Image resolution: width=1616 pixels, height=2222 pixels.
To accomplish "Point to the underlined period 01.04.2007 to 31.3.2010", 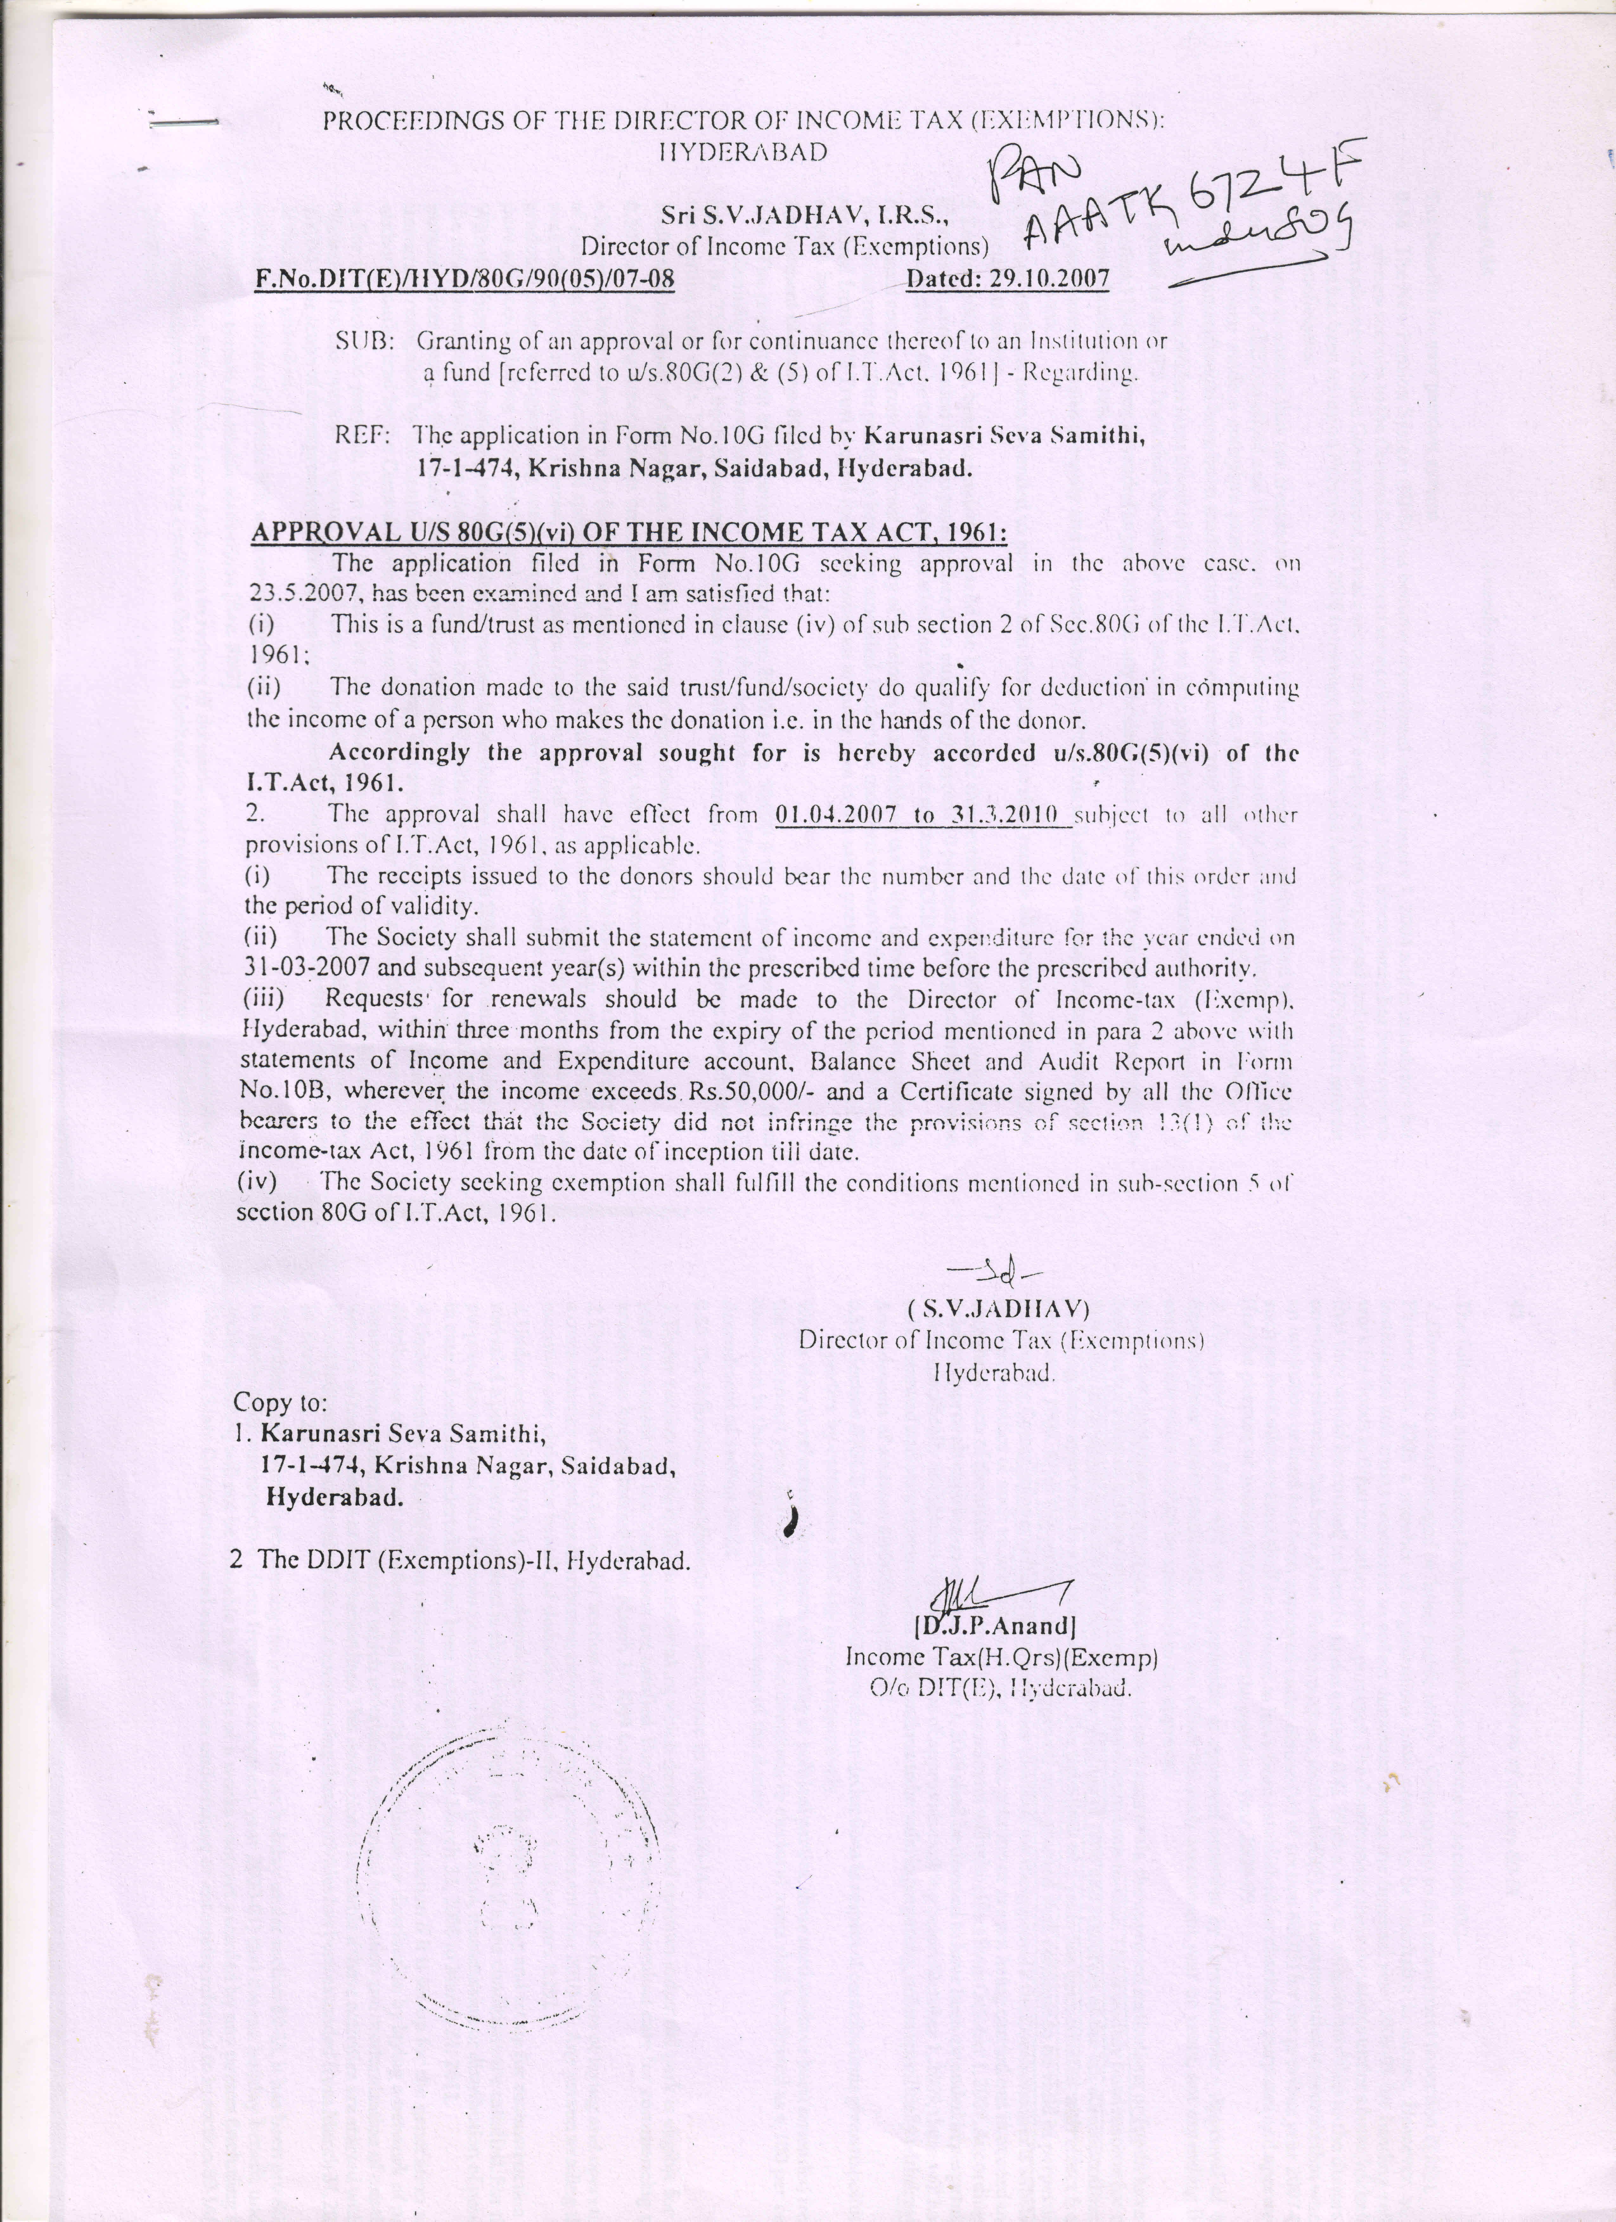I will point(921,815).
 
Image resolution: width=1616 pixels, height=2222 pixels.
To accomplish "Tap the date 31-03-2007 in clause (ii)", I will point(307,968).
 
